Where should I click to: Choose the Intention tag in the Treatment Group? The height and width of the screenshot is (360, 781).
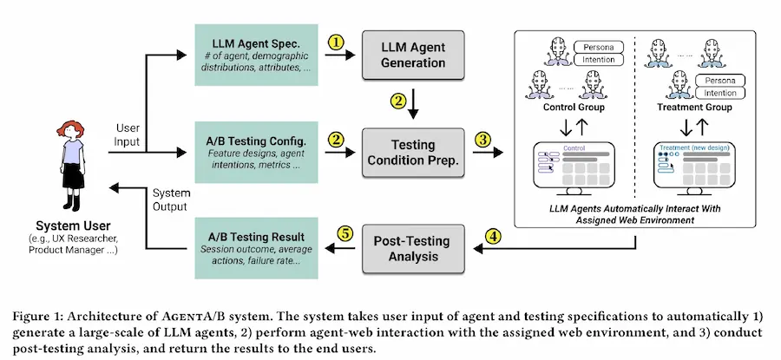coord(719,93)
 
